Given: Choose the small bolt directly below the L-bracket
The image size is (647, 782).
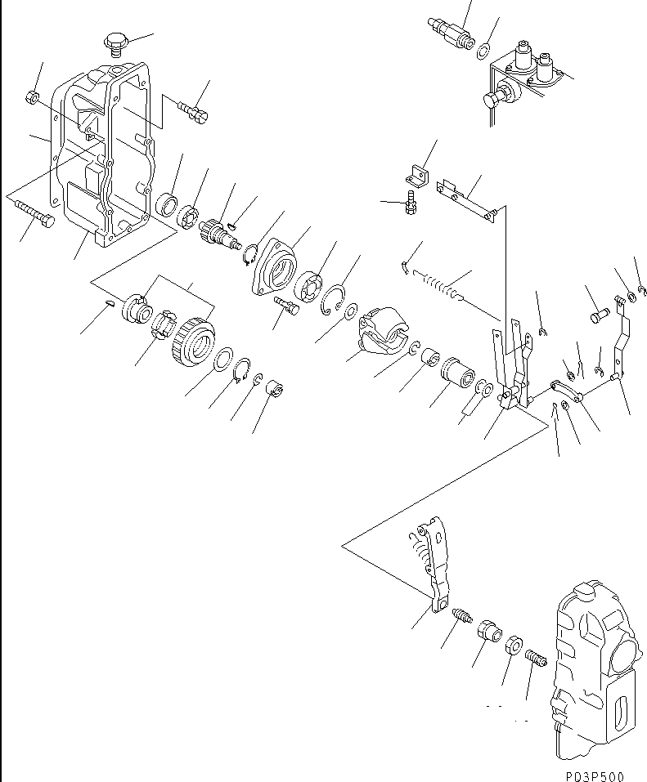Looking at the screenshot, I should tap(411, 203).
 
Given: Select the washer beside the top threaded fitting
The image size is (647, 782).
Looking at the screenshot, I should tap(483, 52).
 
